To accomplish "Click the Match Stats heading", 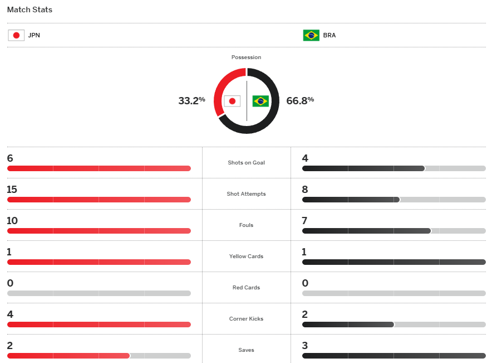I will (x=29, y=10).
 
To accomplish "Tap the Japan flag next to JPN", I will (x=16, y=35).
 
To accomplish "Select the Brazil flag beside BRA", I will (x=311, y=35).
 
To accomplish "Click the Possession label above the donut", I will (x=246, y=57).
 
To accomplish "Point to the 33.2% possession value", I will (x=191, y=100).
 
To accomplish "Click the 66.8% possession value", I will (x=300, y=100).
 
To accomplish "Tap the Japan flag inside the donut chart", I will (x=232, y=101).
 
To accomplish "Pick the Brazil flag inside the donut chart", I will (x=260, y=101).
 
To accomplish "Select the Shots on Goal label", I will (x=246, y=163).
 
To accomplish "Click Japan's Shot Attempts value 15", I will (x=12, y=190).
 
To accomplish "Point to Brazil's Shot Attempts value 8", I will (x=305, y=190).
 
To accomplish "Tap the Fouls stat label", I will (x=246, y=225).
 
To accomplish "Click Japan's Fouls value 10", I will (x=12, y=221).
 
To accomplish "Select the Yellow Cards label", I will (x=246, y=256).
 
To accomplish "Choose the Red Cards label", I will (x=246, y=288).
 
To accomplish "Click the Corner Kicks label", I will (x=246, y=319).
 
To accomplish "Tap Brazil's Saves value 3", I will (x=305, y=346).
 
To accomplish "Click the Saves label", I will (x=246, y=350).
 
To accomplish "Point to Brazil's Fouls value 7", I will (x=305, y=221).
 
